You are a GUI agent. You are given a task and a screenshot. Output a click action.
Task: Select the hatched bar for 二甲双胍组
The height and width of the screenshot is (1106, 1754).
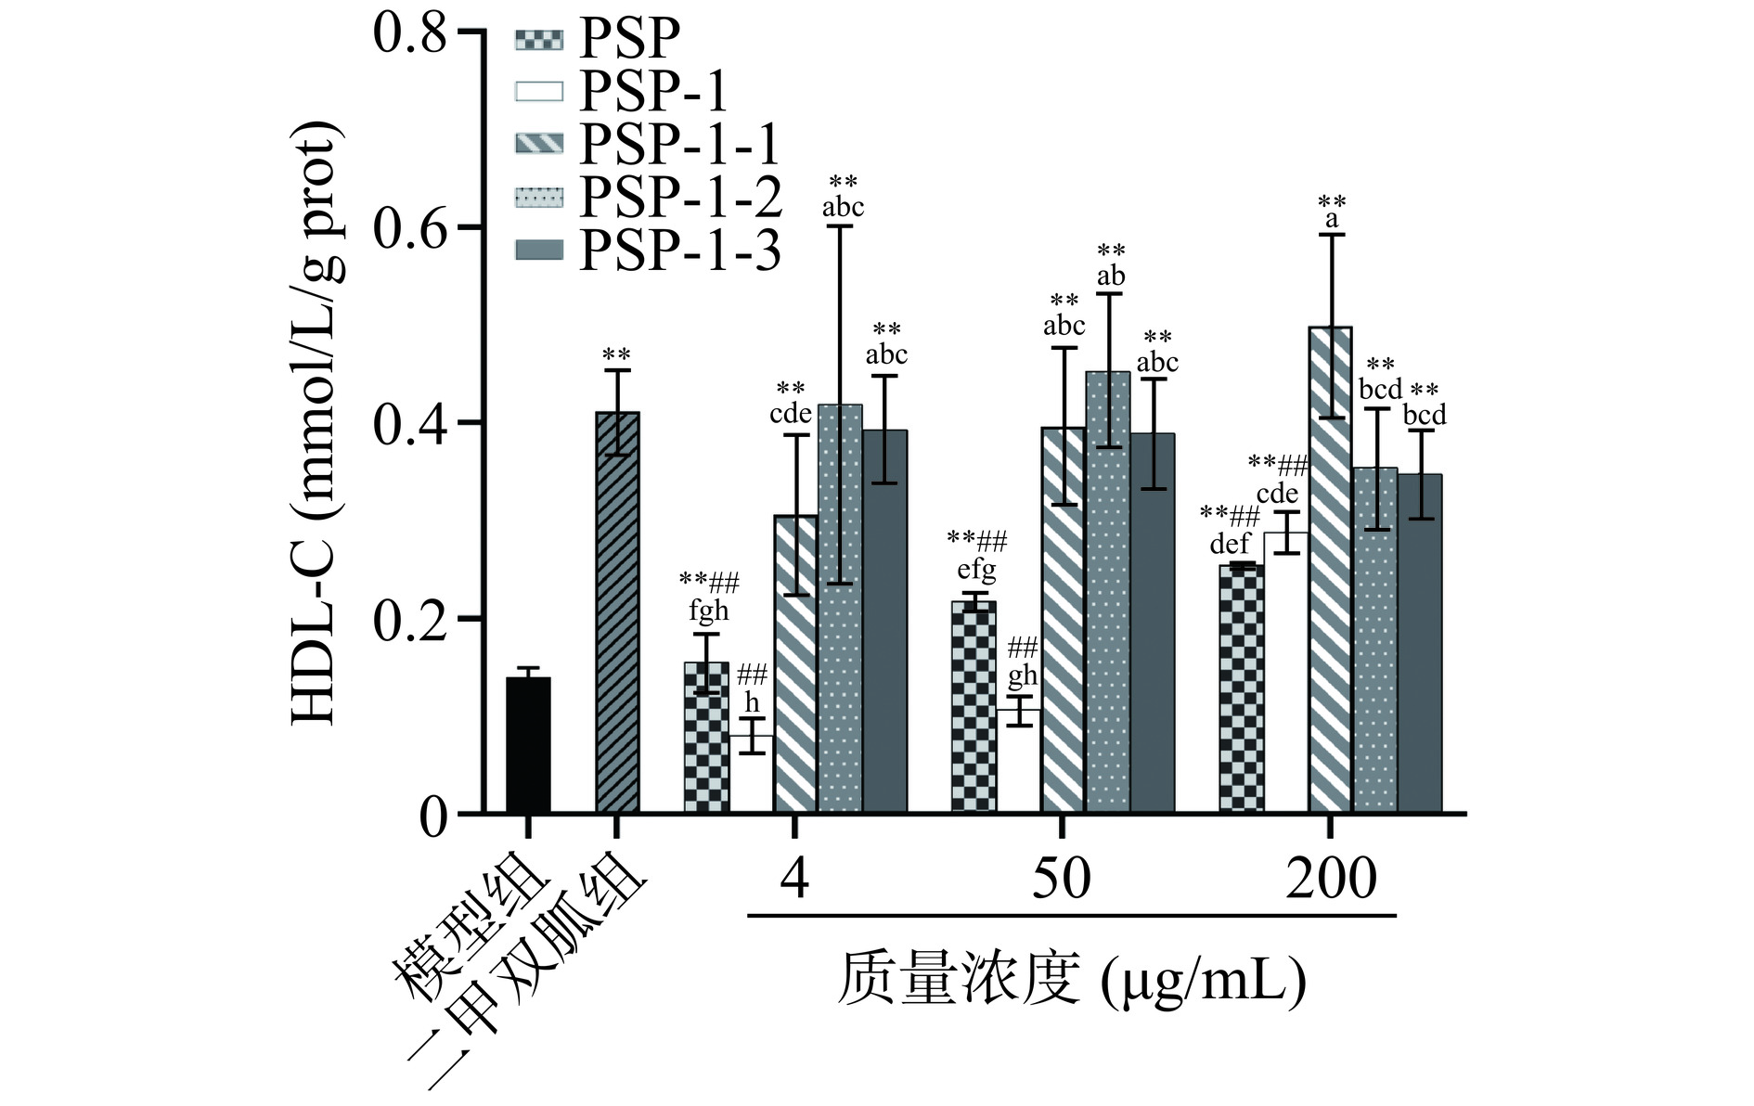[x=617, y=612]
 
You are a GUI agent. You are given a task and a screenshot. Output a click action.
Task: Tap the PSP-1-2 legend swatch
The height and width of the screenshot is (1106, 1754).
[x=538, y=197]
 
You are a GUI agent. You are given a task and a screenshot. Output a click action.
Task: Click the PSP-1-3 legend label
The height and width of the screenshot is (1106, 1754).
[x=680, y=251]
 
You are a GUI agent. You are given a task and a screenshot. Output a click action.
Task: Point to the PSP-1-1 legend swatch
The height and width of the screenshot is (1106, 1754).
[x=538, y=143]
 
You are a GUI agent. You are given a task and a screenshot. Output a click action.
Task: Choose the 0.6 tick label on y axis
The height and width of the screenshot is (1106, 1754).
[x=409, y=228]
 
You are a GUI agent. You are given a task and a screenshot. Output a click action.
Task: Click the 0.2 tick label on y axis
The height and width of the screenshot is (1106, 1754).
[x=409, y=620]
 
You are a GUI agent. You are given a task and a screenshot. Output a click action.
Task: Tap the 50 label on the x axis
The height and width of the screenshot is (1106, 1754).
[x=1061, y=877]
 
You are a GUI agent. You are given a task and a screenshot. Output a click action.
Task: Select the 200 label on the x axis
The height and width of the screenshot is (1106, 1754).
[x=1330, y=877]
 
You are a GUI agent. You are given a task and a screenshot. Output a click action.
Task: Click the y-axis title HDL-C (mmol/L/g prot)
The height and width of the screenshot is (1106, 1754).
[x=314, y=422]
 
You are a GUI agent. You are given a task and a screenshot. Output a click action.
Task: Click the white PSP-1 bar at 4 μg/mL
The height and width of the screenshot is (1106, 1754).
[x=751, y=774]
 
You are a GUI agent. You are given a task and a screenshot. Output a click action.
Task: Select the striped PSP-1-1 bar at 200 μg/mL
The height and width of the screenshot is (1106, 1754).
[x=1330, y=570]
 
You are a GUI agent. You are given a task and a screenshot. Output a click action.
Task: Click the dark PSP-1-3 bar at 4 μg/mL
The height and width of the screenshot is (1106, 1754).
[x=884, y=622]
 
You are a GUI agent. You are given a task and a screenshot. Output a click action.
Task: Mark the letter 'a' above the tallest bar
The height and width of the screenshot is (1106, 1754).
[x=1332, y=220]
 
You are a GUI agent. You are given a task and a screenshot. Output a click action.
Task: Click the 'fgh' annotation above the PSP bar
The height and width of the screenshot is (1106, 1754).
[x=708, y=611]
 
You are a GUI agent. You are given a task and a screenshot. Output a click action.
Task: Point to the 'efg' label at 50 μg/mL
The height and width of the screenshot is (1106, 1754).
[x=976, y=568]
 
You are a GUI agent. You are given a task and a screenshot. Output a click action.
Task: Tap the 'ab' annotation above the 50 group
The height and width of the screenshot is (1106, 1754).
[x=1111, y=276]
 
